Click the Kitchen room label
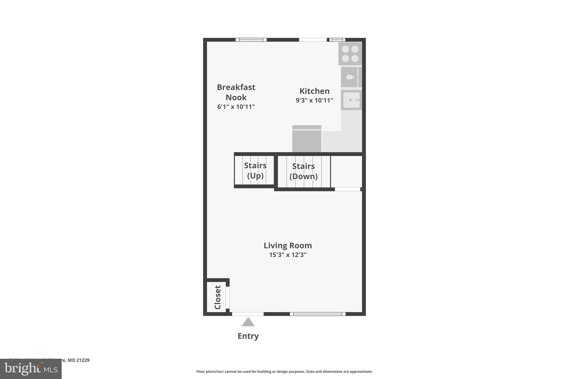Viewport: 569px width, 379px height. coord(314,91)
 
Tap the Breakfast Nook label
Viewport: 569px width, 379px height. coord(236,92)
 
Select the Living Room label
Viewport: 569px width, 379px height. coord(288,245)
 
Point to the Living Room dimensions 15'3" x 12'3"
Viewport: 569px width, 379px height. coord(288,255)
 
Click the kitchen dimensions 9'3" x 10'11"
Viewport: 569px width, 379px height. coord(314,101)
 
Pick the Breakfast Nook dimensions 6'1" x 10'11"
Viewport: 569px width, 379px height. coord(236,107)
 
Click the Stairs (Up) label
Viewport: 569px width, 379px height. coord(255,170)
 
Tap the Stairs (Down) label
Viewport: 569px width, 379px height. coord(303,171)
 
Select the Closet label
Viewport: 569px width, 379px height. coord(218,297)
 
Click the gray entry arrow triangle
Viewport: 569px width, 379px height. coord(248,322)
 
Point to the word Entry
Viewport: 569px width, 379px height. coord(248,336)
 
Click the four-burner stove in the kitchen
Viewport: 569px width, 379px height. coord(350,54)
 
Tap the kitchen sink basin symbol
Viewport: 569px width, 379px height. coord(351,100)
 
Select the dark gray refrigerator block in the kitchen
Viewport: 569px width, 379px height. coord(307,139)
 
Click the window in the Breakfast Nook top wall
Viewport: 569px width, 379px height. coord(251,40)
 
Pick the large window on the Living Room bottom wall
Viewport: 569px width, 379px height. coord(318,314)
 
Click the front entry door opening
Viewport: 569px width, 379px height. coord(248,314)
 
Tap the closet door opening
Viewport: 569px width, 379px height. coord(228,297)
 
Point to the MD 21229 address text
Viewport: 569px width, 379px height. coord(78,360)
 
